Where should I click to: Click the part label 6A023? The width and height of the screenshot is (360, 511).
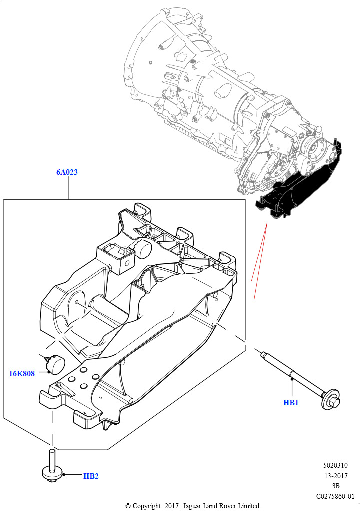(67, 172)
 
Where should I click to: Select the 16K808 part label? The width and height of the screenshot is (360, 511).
(22, 373)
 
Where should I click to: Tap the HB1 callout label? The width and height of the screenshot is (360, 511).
(291, 403)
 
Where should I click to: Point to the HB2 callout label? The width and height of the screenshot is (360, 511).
(91, 476)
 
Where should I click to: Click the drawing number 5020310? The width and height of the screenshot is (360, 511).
(335, 465)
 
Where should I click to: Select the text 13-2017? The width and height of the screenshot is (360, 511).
(336, 476)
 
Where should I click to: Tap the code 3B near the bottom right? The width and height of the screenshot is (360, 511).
(336, 486)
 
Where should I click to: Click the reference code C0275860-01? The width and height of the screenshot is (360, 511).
(335, 496)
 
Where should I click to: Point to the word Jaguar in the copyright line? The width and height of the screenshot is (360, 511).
(192, 506)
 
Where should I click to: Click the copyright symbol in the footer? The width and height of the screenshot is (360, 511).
(128, 506)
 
